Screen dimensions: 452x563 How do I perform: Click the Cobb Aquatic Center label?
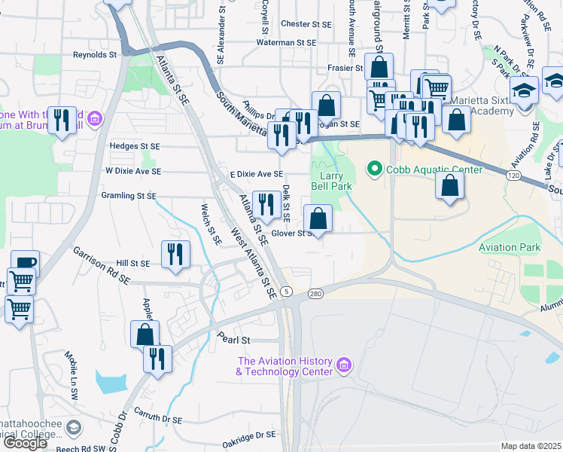click(x=434, y=169)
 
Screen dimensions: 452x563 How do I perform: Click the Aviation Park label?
click(x=509, y=247)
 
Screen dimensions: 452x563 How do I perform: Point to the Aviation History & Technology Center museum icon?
click(x=344, y=366)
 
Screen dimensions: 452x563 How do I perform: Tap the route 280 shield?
click(x=315, y=293)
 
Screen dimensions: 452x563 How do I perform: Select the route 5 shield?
click(x=285, y=291)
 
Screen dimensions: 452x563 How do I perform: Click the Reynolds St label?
click(x=95, y=55)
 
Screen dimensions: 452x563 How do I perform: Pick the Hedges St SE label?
click(x=135, y=145)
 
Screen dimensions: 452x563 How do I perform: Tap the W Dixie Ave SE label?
click(x=133, y=171)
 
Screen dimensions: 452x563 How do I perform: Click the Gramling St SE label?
click(x=128, y=196)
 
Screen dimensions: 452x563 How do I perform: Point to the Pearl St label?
click(x=234, y=340)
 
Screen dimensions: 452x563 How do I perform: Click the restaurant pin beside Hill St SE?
click(x=175, y=254)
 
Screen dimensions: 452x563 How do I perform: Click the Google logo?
click(x=25, y=442)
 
